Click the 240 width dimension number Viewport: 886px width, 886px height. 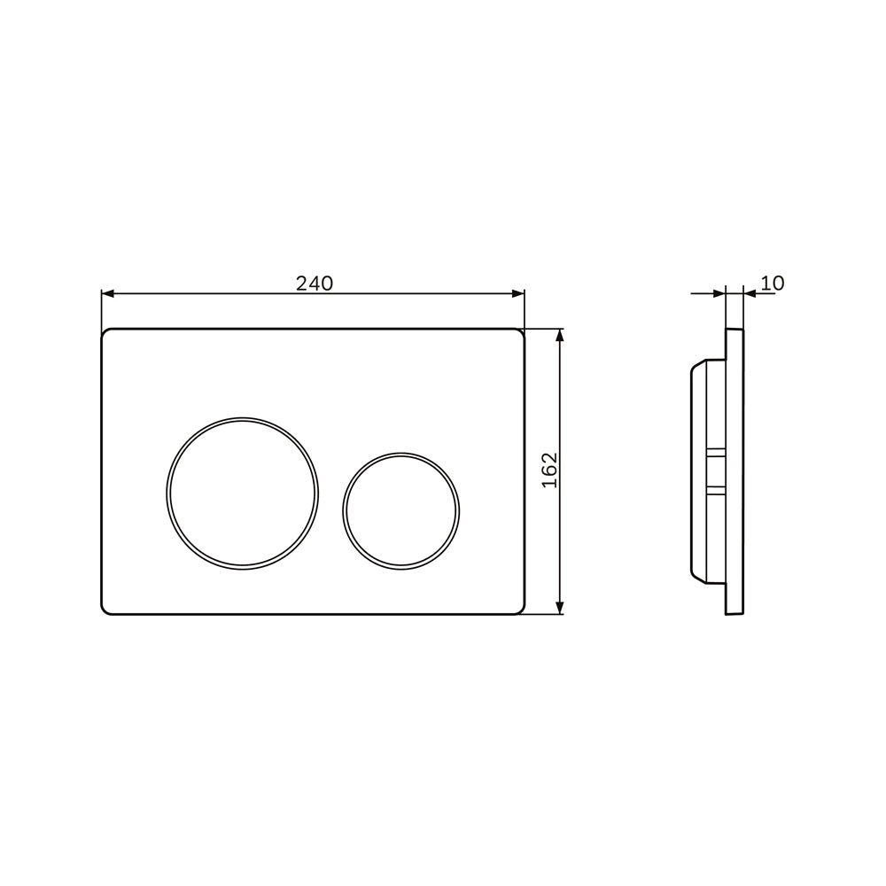314,284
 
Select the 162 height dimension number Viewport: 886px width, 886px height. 549,470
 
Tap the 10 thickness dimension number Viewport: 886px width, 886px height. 773,284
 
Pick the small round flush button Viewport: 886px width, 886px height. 400,510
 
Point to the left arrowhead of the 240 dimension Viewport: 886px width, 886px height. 107,294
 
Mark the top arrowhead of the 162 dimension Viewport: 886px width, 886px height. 559,336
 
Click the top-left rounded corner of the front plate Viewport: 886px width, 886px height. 106,334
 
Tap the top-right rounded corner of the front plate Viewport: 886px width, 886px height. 520,334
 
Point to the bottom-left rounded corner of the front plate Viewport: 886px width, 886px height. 106,609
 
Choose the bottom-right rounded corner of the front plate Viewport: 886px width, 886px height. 520,609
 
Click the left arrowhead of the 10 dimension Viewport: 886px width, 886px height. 719,294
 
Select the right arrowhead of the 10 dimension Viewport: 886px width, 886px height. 750,294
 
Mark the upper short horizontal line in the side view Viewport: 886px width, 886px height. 716,450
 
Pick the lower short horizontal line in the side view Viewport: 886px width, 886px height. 716,486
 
